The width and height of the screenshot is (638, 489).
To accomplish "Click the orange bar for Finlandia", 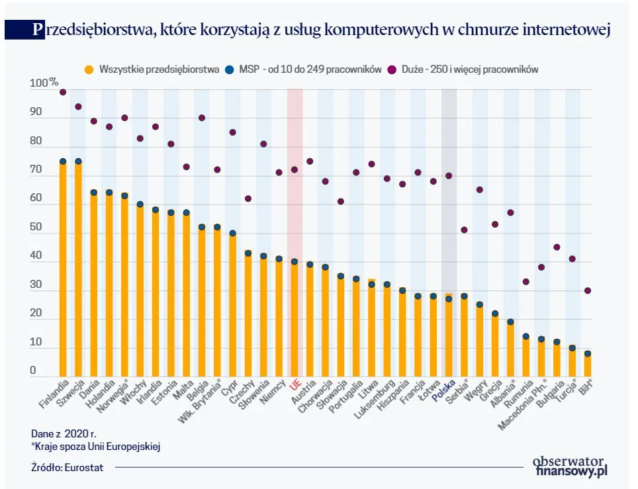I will [63, 268].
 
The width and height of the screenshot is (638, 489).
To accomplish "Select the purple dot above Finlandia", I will [63, 92].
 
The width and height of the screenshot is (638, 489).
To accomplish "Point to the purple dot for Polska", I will [449, 175].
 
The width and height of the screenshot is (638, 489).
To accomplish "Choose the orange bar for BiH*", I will [588, 365].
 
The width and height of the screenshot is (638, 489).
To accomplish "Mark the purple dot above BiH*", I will [588, 290].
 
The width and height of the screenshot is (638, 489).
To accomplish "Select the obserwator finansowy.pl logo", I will [570, 466].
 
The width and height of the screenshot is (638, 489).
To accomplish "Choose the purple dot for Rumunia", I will [526, 281].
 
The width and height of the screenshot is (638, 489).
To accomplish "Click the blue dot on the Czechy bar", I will [248, 253].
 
